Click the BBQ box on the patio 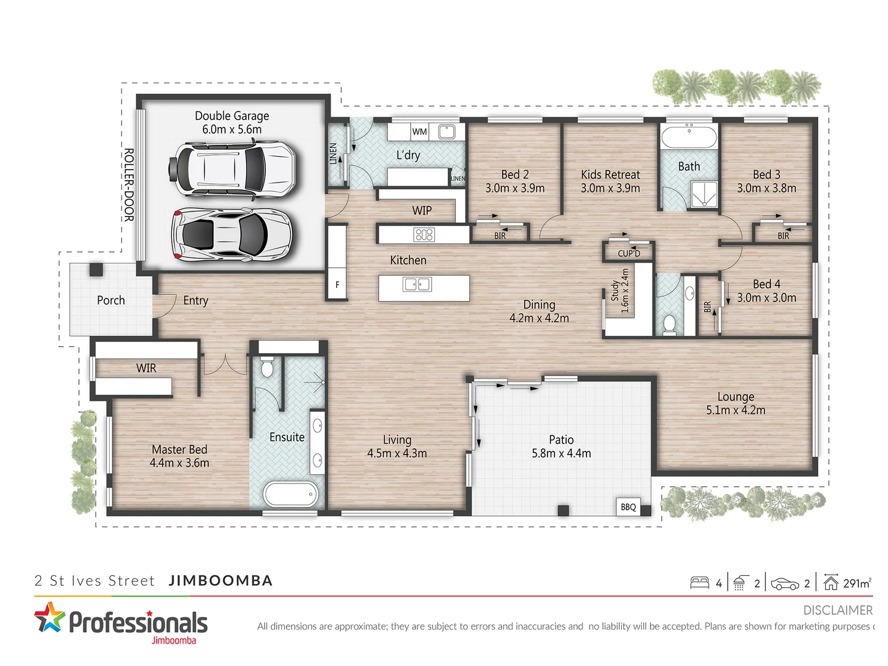coord(628,507)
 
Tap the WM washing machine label coord(419,131)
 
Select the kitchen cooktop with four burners coord(424,234)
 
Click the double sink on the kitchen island coord(417,284)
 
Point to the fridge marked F coord(337,284)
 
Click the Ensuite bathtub coord(290,494)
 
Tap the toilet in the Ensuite coord(266,368)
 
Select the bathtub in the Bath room coord(689,136)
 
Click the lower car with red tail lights coord(231,234)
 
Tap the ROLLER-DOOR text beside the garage coord(128,184)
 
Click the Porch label coord(111,300)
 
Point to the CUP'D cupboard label coord(629,253)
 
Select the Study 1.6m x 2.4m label coord(620,291)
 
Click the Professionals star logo coord(49,618)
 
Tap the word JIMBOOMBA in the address coord(220,581)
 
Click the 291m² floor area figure coord(857,583)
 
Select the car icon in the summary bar coord(784,583)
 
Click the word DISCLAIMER coord(837,610)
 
